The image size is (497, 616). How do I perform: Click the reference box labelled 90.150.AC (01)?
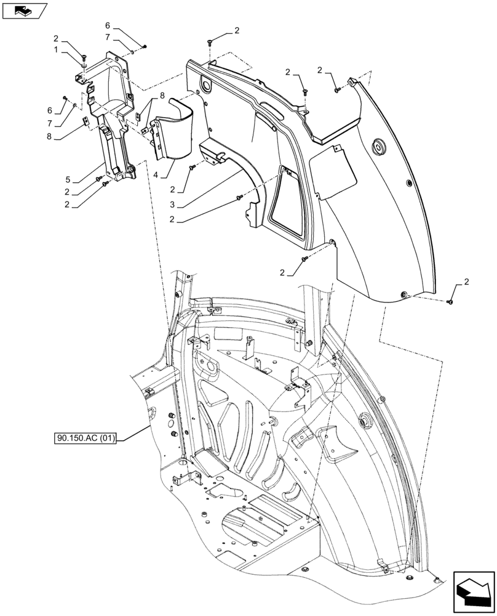(89, 439)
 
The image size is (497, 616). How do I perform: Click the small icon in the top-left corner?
(24, 10)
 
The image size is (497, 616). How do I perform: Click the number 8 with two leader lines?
(162, 95)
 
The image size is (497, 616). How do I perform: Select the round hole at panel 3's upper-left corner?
(204, 83)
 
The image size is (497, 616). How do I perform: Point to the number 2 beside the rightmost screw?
(466, 282)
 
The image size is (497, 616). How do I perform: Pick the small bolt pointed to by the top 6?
(143, 46)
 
